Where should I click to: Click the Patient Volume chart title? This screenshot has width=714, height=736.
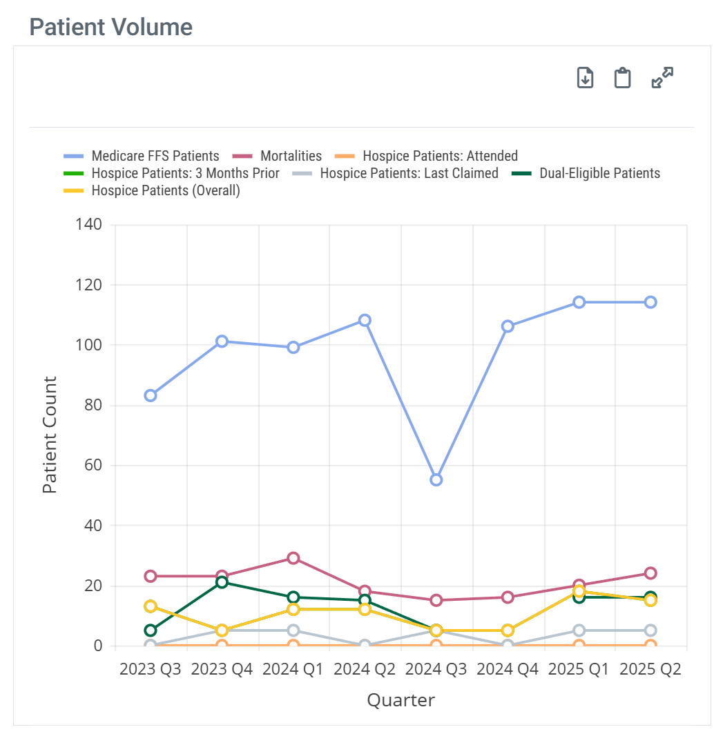coord(110,27)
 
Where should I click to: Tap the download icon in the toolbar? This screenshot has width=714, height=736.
coord(585,77)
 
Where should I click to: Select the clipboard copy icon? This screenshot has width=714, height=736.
coord(623,77)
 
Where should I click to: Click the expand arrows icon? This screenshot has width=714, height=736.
coord(662,77)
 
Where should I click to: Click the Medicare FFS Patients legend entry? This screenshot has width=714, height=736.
coord(155,156)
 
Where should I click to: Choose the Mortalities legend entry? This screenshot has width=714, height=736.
coord(291,156)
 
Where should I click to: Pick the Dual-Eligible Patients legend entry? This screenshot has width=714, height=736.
coord(599,173)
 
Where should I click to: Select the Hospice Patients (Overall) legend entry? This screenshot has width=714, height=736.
coord(166,191)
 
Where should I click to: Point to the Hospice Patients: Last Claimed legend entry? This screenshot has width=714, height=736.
coord(409,173)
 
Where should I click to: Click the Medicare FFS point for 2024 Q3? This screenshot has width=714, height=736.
coord(436,479)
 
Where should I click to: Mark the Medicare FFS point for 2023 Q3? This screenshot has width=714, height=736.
coord(151,395)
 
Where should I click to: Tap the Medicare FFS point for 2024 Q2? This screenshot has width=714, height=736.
coord(365,320)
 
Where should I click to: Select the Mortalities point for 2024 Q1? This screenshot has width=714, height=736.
coord(293,558)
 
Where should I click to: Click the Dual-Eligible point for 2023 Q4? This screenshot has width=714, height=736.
coord(222,582)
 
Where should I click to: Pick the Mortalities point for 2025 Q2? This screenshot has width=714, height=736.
coord(650,573)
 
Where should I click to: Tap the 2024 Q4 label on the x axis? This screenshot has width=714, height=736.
coord(508,669)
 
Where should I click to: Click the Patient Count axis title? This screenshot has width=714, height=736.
coord(49,435)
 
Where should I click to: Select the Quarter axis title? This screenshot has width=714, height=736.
coord(401,701)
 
